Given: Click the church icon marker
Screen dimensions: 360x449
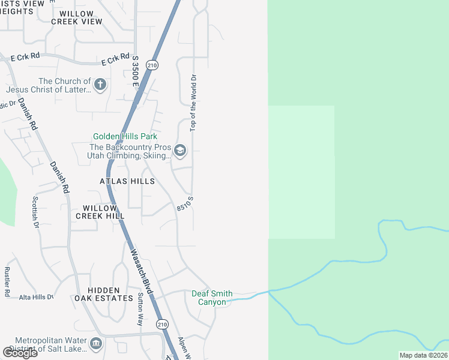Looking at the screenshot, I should click(100, 85).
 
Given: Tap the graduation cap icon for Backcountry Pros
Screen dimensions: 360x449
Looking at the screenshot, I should click(179, 151).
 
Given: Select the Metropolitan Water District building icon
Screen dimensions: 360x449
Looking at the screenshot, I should click(96, 344).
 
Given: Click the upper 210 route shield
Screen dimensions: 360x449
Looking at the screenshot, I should click(153, 65).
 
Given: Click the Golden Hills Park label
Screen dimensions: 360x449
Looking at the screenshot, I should click(125, 137).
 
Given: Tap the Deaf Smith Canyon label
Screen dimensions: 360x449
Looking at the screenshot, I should click(212, 298).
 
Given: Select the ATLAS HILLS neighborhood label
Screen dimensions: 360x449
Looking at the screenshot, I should click(127, 181).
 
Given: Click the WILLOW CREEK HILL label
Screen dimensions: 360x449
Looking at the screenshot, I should click(100, 212).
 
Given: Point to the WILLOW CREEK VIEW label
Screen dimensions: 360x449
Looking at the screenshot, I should click(77, 17).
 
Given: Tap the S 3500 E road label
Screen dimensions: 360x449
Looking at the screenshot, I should click(136, 71).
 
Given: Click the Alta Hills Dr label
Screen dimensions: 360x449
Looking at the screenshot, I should click(36, 297).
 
